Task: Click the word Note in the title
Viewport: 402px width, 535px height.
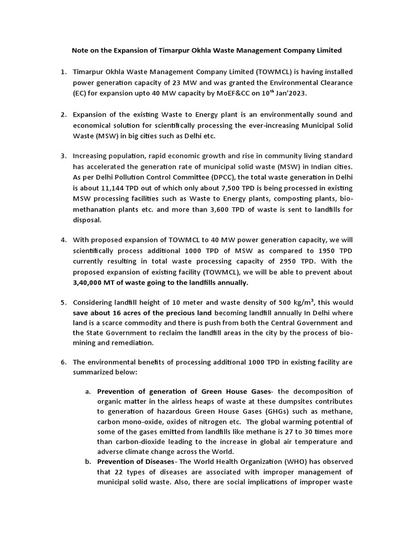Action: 80,50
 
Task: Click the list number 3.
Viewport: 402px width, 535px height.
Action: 63,156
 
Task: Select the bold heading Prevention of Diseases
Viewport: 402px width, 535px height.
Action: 136,461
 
